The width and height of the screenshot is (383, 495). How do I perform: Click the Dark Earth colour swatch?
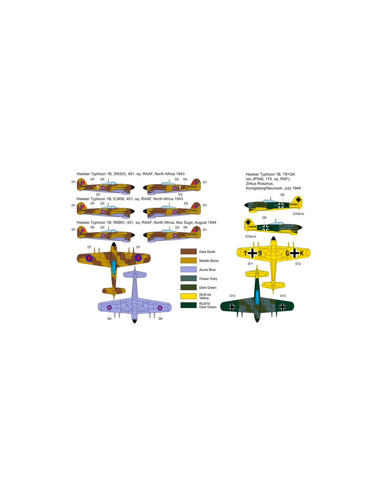pos(188,251)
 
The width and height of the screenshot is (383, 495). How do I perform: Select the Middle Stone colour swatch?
pos(188,260)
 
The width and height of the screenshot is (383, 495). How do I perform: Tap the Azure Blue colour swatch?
pos(188,269)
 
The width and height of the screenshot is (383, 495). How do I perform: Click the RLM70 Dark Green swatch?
pos(188,305)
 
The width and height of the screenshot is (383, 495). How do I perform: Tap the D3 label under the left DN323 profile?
pos(98,195)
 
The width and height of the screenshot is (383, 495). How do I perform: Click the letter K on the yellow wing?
pos(302,253)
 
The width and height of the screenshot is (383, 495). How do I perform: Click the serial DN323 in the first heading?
pos(118,174)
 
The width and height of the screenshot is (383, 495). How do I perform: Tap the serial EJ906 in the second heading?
pos(118,199)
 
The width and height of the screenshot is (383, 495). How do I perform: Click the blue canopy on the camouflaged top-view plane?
pos(114,267)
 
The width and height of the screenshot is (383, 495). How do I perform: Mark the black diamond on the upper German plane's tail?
pos(298,200)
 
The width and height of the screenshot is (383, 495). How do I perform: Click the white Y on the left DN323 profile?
pos(97,188)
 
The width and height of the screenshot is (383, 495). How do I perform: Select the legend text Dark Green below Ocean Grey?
pos(208,288)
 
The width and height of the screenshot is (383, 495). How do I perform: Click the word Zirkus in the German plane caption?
pos(251,183)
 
